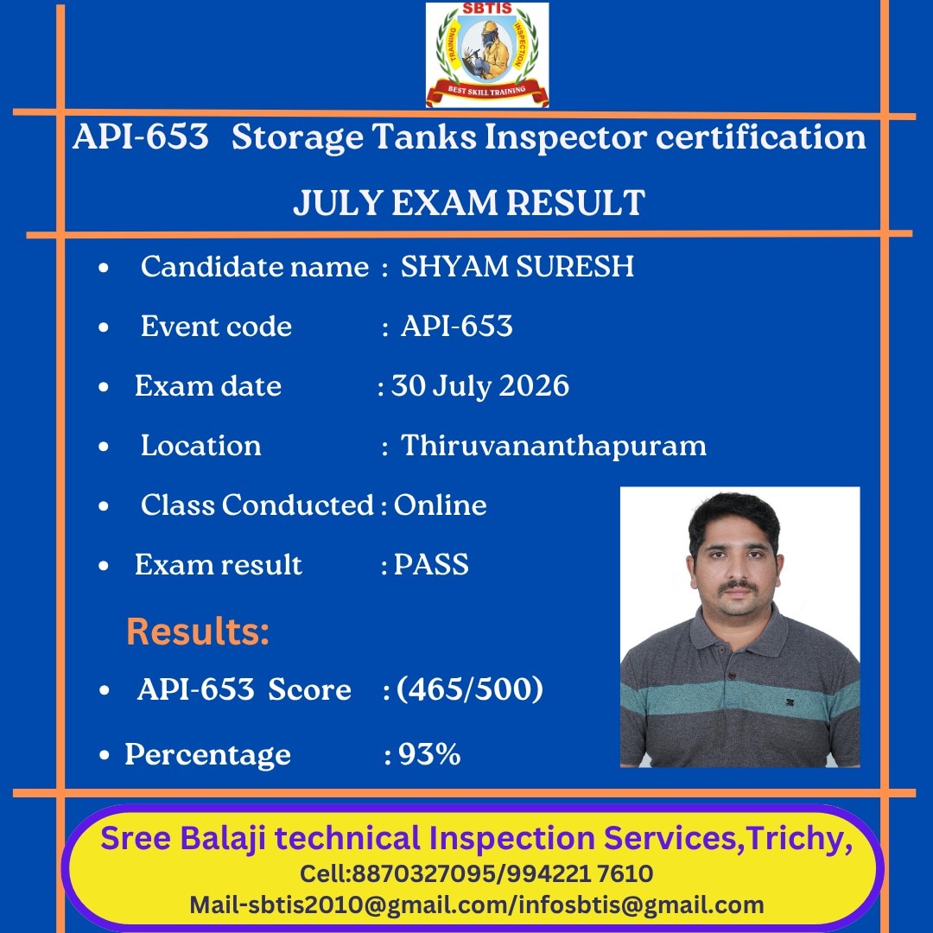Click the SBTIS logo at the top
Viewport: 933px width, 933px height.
click(x=487, y=54)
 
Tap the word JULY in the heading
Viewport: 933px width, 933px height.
click(x=338, y=203)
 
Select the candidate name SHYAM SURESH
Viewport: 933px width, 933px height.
click(x=517, y=266)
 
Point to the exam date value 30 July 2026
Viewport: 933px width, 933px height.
click(x=480, y=385)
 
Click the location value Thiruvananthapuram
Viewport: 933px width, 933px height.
click(x=554, y=445)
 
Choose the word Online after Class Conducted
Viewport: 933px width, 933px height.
click(x=441, y=505)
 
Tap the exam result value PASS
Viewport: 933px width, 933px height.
click(x=431, y=564)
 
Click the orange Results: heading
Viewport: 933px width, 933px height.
click(x=198, y=631)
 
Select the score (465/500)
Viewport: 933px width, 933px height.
click(x=470, y=689)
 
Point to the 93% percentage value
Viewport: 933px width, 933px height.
click(x=429, y=754)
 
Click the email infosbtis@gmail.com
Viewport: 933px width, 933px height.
click(x=641, y=905)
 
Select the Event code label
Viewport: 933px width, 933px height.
click(x=217, y=326)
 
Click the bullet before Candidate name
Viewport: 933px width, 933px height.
click(x=104, y=268)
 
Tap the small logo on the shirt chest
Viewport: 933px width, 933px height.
click(x=790, y=702)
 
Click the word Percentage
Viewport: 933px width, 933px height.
click(x=207, y=754)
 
